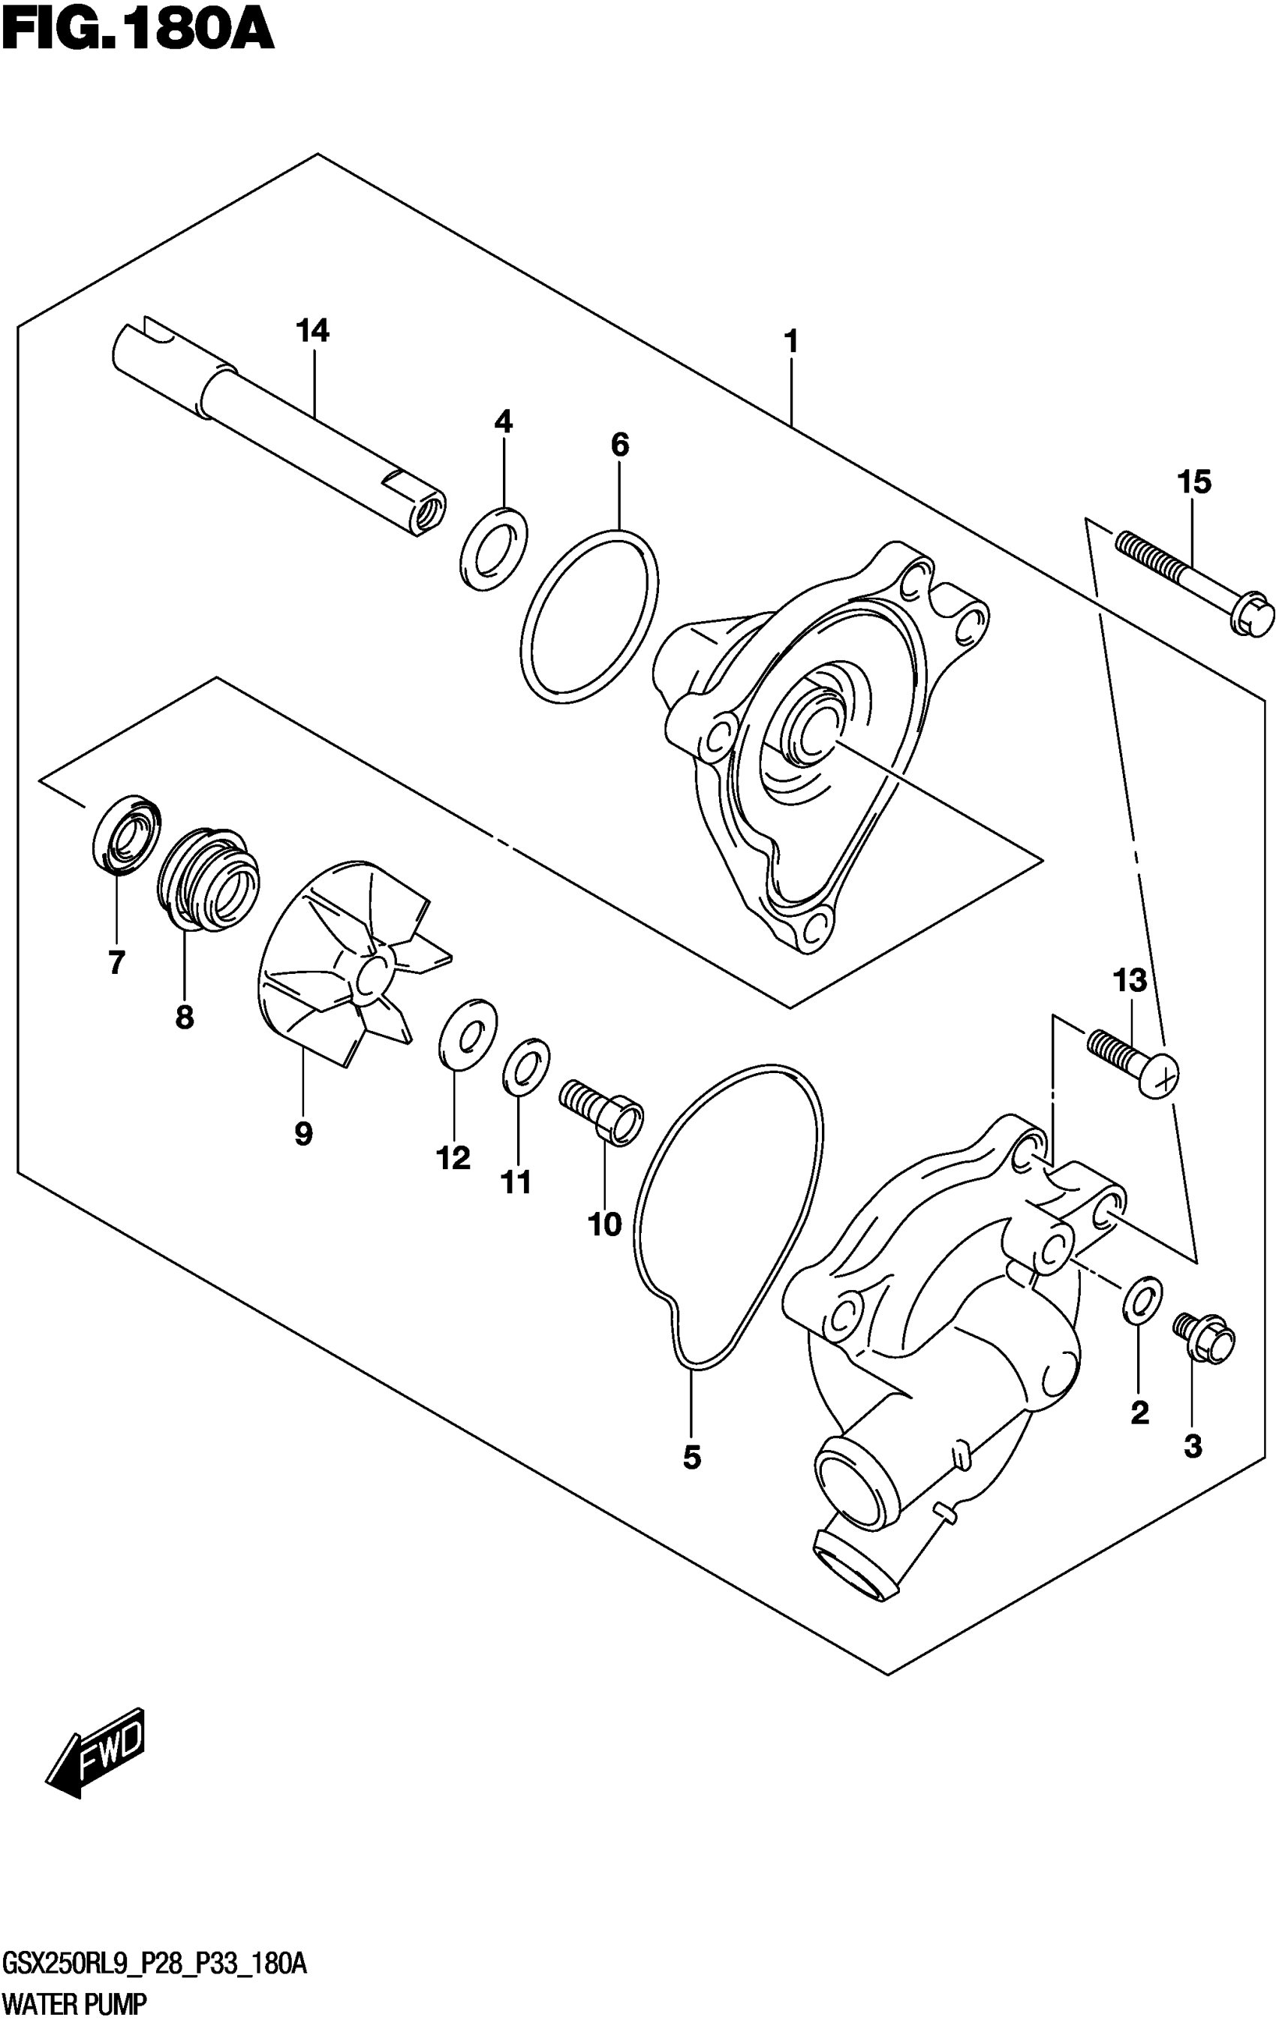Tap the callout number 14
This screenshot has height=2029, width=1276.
311,331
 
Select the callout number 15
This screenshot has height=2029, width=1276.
1194,483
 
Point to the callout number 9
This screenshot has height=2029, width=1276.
303,1133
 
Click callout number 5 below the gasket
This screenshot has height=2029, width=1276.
691,1457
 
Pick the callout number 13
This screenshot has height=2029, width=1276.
1130,980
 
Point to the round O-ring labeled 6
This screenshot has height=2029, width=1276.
589,616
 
